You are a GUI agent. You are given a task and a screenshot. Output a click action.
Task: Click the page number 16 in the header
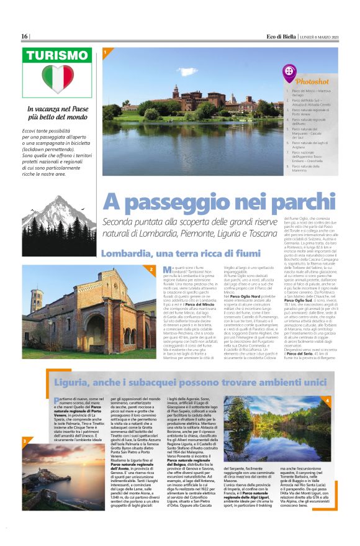click(25, 36)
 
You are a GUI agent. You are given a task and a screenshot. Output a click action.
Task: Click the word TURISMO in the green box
click(57, 56)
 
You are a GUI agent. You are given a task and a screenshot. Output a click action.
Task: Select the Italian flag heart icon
click(57, 80)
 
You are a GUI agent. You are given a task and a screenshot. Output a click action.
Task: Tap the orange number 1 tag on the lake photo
click(106, 53)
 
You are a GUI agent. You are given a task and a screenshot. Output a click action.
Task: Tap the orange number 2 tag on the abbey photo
click(151, 268)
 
